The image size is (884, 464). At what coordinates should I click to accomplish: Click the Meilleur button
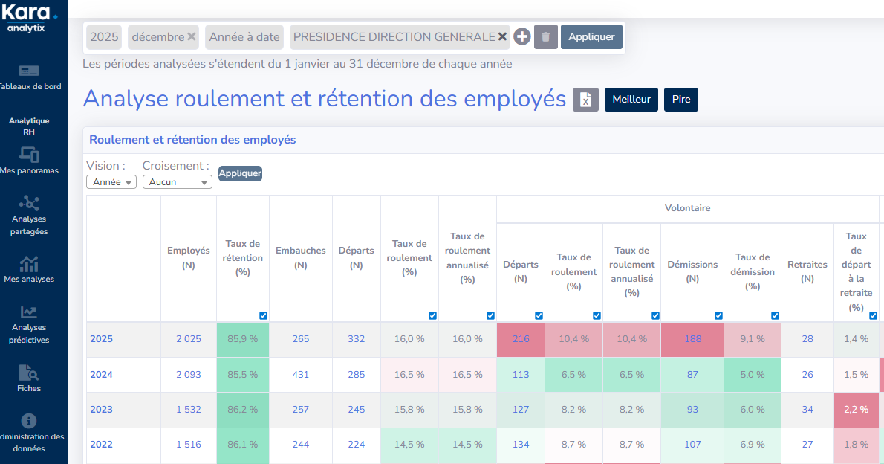point(631,100)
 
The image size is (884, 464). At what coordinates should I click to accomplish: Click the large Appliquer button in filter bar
point(591,36)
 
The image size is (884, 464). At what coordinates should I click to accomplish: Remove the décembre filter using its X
point(192,36)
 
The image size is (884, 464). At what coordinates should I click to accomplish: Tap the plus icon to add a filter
point(522,36)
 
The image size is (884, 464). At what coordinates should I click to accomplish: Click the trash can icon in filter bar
point(546,36)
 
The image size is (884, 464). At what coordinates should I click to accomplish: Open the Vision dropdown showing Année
point(111,182)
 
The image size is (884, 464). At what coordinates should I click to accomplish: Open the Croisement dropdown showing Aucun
point(178,182)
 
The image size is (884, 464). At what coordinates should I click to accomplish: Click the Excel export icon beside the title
point(585,100)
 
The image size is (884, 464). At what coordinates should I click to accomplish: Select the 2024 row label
point(102,375)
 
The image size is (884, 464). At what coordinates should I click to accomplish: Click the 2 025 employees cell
point(189,339)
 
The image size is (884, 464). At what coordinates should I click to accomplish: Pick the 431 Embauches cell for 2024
point(301,375)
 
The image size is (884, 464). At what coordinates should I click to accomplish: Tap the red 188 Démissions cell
point(692,339)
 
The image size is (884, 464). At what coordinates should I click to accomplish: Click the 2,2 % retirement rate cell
point(857,410)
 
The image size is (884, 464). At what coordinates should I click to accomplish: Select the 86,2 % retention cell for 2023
point(243,410)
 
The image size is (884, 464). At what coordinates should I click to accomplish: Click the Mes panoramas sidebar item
point(30,161)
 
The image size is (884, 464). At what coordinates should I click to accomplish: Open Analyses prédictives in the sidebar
point(29,324)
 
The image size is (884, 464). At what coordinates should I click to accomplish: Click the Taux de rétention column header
point(243,257)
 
